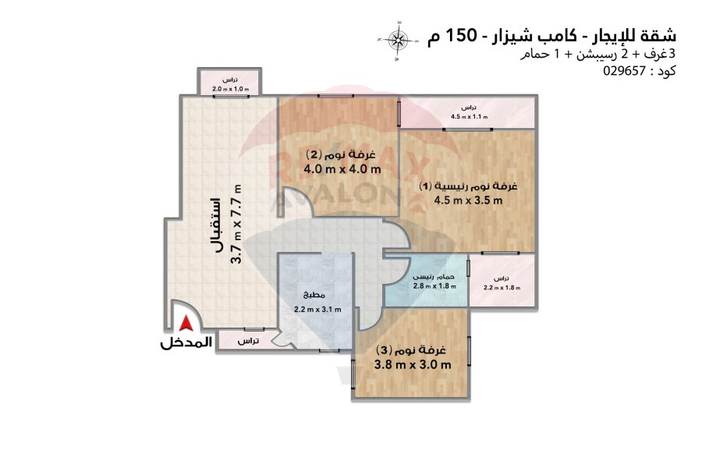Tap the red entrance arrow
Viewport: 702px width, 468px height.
pos(186,324)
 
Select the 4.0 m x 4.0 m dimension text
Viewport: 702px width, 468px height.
pos(342,169)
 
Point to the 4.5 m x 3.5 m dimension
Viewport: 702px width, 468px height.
pos(468,200)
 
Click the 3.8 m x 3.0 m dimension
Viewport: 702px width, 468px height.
pos(413,364)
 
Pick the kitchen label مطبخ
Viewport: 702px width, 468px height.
pos(314,295)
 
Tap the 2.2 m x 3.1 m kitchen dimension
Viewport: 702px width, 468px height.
pos(317,309)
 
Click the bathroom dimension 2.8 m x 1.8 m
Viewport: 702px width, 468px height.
pos(434,286)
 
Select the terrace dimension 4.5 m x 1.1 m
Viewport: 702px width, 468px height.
pos(469,117)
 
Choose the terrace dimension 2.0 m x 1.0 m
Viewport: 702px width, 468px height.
pos(230,89)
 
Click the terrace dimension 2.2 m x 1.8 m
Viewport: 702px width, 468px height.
pos(502,288)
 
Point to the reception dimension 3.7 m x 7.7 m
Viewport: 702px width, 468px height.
pos(237,224)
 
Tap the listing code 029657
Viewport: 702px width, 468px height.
pos(624,71)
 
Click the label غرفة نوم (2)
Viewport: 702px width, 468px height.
pos(341,155)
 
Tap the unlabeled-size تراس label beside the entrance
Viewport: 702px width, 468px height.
pos(247,342)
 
